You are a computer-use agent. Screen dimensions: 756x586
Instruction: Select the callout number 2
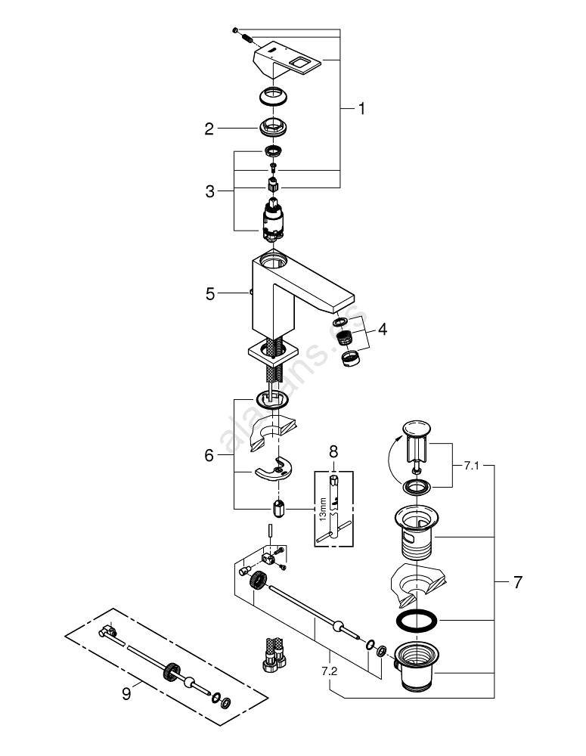(209, 129)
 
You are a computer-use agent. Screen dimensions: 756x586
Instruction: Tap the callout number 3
(210, 191)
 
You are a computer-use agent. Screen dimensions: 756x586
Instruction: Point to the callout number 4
(383, 330)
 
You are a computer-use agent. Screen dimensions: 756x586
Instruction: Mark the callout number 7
(517, 582)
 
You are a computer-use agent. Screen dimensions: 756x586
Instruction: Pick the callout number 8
(333, 453)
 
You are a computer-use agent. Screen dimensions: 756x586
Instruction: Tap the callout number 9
(126, 692)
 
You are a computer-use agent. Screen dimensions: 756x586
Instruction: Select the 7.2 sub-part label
(329, 670)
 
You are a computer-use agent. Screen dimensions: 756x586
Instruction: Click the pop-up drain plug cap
(417, 428)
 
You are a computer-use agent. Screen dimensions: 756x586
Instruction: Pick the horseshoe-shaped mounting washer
(274, 469)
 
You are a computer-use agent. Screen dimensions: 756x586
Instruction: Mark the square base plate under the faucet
(271, 351)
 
